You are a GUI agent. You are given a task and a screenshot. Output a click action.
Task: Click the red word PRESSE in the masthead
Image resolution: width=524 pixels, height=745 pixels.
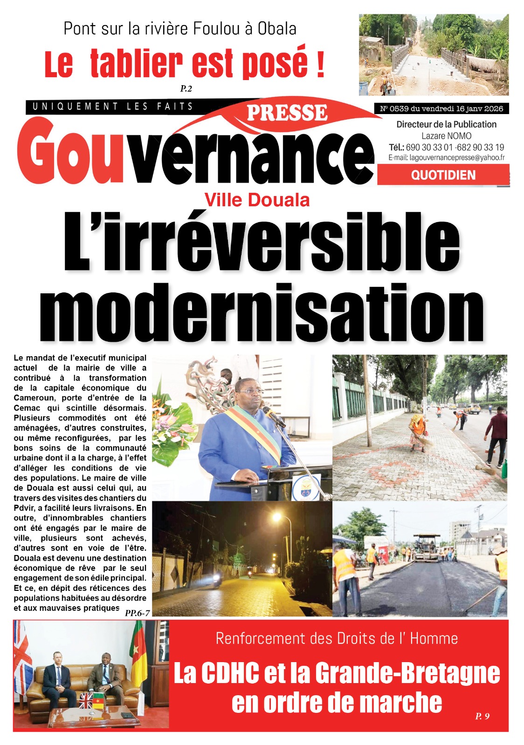point(287,113)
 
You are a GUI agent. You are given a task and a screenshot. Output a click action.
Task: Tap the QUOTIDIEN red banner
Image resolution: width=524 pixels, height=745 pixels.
point(443,175)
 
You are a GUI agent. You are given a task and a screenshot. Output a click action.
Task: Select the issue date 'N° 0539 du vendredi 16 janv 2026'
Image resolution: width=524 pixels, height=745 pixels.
point(441,108)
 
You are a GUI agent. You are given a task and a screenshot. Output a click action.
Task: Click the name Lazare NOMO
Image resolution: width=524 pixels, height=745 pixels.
point(446,136)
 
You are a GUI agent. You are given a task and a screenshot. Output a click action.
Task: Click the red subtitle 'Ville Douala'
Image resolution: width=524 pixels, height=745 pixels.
point(257,200)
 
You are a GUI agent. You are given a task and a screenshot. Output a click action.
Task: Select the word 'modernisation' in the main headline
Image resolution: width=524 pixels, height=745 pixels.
point(261,313)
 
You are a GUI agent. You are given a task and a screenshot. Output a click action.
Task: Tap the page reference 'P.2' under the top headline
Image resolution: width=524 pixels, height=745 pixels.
point(186,88)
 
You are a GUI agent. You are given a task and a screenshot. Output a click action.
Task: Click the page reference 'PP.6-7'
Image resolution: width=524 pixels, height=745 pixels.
point(137,613)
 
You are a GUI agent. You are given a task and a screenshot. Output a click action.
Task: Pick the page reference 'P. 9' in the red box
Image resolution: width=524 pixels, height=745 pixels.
point(482,716)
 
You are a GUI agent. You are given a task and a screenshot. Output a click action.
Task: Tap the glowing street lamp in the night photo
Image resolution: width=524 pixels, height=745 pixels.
point(276,517)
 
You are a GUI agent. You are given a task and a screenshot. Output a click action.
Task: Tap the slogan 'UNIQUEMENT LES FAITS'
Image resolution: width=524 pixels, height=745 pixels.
point(112,107)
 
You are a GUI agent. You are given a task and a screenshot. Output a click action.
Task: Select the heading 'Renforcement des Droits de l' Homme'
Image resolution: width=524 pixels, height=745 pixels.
point(337,638)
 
